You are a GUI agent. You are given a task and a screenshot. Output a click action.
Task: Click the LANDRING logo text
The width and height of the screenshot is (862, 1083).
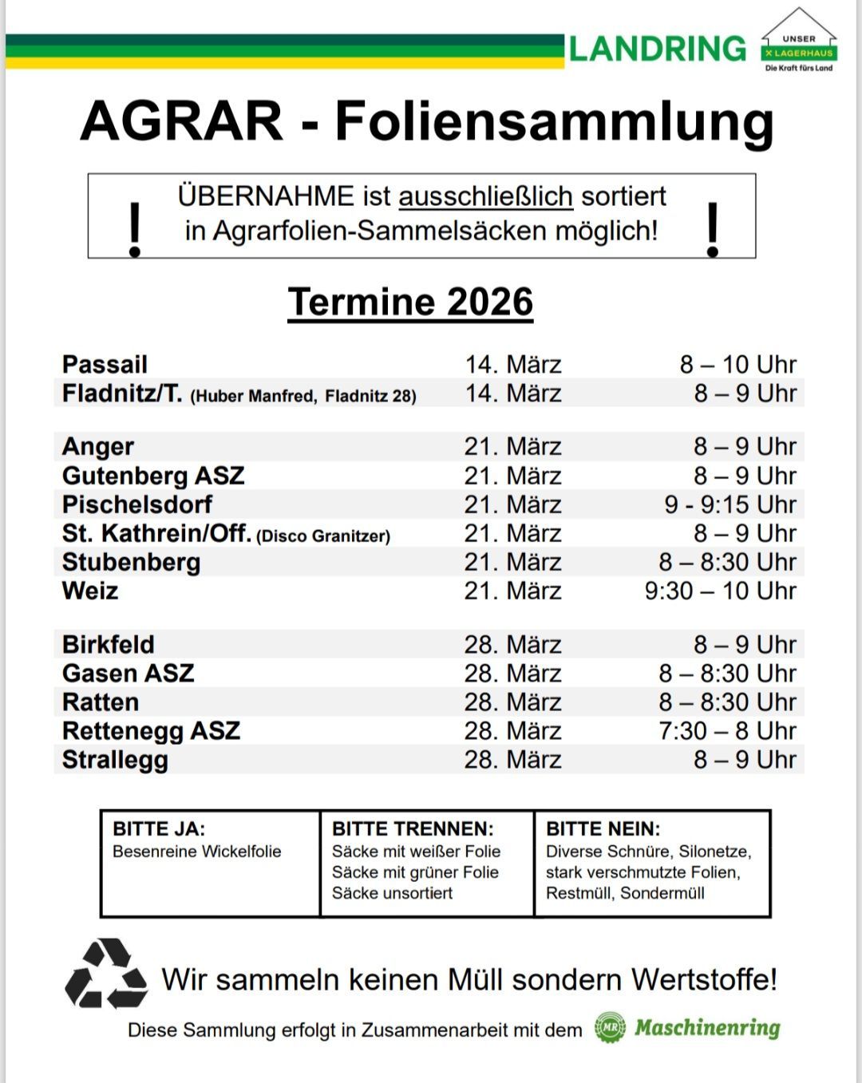tap(657, 49)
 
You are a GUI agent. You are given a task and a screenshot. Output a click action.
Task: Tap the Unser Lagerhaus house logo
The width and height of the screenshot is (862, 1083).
tap(798, 42)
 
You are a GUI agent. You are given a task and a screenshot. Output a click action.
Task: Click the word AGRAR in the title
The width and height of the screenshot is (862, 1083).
tap(182, 121)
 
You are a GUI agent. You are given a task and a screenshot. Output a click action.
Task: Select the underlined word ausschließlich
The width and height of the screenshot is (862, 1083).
tap(485, 196)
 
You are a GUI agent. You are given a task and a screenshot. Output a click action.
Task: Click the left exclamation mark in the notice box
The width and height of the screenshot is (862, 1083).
tap(135, 229)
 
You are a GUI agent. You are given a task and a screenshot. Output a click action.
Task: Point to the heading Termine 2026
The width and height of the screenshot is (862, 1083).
tap(410, 302)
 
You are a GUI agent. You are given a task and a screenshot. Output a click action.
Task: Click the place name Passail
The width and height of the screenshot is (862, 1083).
tap(105, 365)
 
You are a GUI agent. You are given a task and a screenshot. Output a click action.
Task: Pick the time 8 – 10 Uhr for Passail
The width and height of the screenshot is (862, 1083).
tap(737, 365)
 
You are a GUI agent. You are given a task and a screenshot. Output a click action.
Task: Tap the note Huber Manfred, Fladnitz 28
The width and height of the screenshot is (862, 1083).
tap(303, 396)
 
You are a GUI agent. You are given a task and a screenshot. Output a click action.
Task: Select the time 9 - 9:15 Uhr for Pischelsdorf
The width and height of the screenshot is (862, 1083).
tap(730, 504)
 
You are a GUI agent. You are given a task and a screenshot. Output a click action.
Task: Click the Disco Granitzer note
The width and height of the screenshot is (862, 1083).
tap(323, 536)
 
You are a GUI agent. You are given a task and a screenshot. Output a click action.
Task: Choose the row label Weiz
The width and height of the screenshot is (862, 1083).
tap(90, 591)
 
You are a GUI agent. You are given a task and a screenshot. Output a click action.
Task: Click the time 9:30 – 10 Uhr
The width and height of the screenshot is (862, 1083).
tap(720, 591)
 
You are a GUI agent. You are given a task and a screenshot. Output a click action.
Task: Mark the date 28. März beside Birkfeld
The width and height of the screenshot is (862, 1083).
tap(512, 645)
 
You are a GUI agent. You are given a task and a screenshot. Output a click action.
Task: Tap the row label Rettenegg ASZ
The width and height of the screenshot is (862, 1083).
tap(151, 731)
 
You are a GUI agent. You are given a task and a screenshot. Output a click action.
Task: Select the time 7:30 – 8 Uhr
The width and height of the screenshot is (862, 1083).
tap(727, 731)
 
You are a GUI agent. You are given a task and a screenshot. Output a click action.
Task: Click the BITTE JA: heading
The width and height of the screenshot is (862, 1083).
tap(159, 829)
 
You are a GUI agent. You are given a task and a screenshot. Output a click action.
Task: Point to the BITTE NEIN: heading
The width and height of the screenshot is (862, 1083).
tap(603, 829)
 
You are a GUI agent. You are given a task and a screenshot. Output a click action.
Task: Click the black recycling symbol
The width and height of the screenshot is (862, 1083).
tap(106, 974)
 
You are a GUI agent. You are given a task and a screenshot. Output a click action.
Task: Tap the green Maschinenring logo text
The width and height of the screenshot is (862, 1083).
tap(707, 1028)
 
